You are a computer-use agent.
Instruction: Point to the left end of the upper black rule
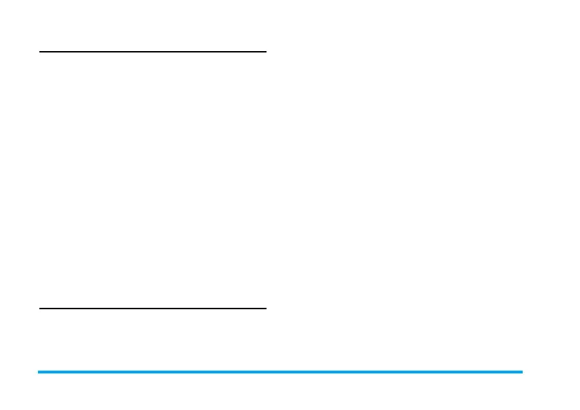(x=40, y=51)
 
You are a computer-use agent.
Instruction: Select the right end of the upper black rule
(x=265, y=51)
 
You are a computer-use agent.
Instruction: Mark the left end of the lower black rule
(x=40, y=309)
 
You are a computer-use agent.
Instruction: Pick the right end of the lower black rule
(x=265, y=309)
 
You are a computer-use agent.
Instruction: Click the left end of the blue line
(x=39, y=372)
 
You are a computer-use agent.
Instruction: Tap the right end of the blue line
(x=522, y=372)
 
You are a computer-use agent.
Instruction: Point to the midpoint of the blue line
(x=280, y=372)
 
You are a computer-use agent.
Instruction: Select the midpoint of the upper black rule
(x=153, y=51)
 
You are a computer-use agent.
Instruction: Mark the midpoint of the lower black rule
(x=153, y=309)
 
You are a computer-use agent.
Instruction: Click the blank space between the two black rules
(x=153, y=179)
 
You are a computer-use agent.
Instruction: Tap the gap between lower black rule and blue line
(x=153, y=340)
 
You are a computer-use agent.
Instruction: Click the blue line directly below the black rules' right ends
(x=265, y=372)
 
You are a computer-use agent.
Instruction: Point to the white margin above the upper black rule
(x=153, y=24)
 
